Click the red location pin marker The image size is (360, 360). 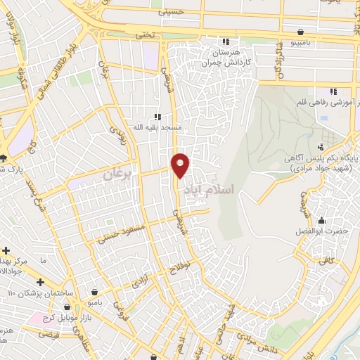point(181,165)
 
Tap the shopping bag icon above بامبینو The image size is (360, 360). point(301,32)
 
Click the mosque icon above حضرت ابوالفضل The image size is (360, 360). point(321,220)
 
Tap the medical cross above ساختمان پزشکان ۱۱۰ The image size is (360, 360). point(40,282)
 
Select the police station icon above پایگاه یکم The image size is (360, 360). point(321,146)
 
